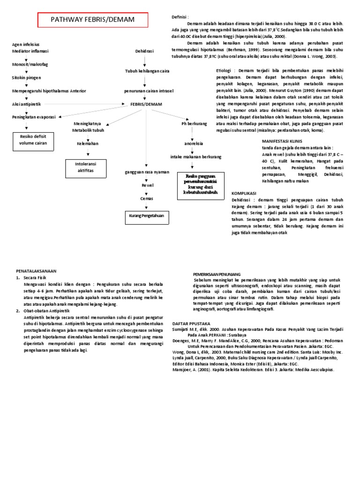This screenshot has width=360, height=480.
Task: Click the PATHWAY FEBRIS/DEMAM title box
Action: pos(92,20)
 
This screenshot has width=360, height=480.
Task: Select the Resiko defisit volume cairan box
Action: pos(33,140)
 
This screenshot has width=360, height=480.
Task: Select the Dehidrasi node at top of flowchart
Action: pos(144,51)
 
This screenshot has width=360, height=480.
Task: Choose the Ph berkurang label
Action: pos(195,123)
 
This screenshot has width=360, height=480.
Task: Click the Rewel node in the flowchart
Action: pos(147,186)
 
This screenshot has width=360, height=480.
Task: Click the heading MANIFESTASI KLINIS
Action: pos(282,141)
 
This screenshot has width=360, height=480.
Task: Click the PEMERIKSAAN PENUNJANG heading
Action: pos(217,273)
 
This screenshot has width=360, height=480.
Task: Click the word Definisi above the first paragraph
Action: pos(180,16)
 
